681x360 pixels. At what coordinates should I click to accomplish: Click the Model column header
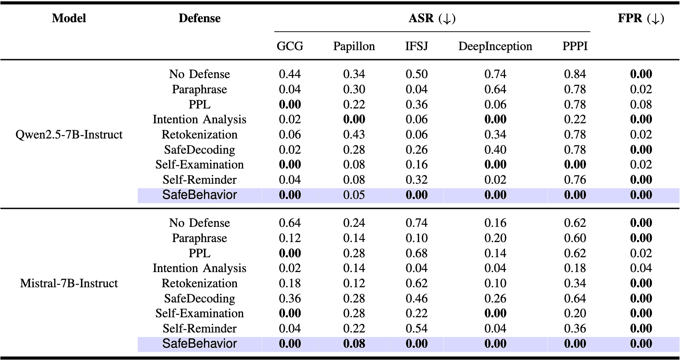pyautogui.click(x=69, y=18)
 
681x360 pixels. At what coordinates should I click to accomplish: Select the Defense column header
pyautogui.click(x=199, y=18)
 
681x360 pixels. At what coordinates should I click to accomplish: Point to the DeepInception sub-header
pyautogui.click(x=495, y=46)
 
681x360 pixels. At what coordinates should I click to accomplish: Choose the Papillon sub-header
pyautogui.click(x=354, y=46)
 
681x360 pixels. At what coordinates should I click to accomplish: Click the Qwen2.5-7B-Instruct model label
pyautogui.click(x=69, y=134)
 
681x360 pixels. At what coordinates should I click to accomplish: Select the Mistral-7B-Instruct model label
pyautogui.click(x=69, y=283)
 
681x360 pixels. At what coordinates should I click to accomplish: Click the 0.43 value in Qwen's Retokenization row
pyautogui.click(x=354, y=134)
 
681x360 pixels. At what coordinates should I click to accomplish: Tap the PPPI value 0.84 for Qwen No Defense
pyautogui.click(x=574, y=74)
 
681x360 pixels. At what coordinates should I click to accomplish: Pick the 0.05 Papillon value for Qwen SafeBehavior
pyautogui.click(x=354, y=195)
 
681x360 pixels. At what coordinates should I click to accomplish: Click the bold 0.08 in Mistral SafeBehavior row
pyautogui.click(x=354, y=344)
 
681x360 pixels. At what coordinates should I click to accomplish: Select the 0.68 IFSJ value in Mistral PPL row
pyautogui.click(x=416, y=253)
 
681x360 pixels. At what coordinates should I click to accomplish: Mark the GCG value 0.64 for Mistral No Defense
pyautogui.click(x=290, y=223)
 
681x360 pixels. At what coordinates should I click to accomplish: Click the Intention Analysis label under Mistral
pyautogui.click(x=199, y=268)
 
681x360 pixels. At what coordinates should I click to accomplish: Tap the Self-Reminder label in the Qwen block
pyautogui.click(x=199, y=180)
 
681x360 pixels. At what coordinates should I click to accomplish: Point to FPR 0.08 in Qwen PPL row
pyautogui.click(x=641, y=104)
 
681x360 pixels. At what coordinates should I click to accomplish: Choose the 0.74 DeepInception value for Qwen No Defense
pyautogui.click(x=495, y=74)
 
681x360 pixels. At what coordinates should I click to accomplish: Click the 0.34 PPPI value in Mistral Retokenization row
pyautogui.click(x=574, y=283)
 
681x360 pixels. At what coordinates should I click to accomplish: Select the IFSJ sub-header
pyautogui.click(x=416, y=46)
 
